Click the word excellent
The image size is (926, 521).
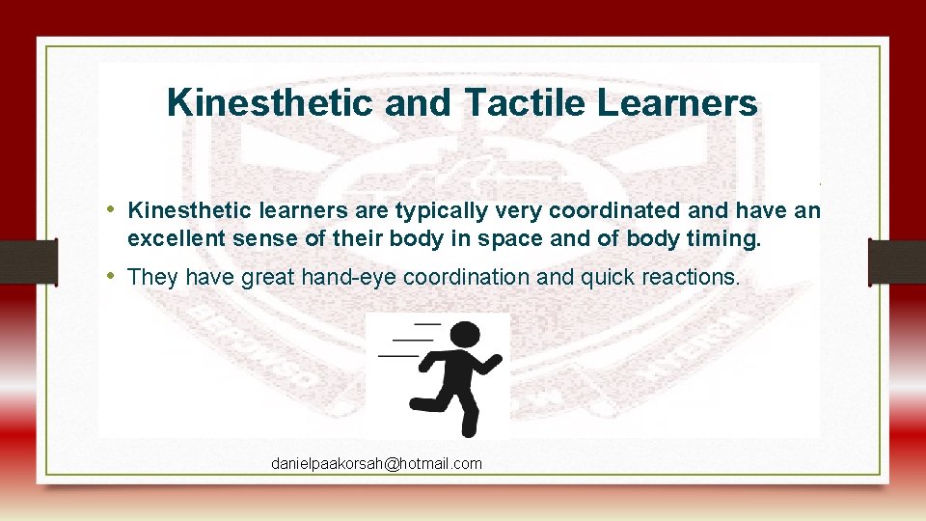[x=170, y=238]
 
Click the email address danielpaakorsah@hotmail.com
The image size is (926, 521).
[x=376, y=464]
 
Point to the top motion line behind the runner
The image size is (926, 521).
[x=426, y=324]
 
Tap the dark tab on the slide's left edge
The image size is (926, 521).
[x=27, y=261]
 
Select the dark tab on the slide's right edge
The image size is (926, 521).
[x=897, y=261]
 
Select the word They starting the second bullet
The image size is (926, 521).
[x=152, y=278]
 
